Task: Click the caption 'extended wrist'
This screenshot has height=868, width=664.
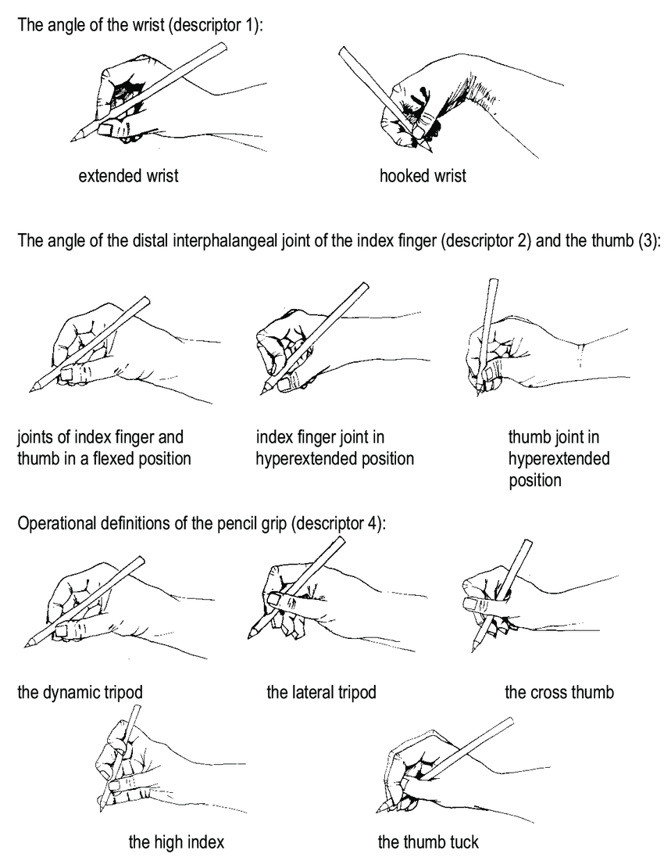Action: click(x=128, y=176)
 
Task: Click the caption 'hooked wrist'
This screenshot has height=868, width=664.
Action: click(x=423, y=176)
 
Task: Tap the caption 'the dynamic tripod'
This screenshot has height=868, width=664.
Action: click(x=80, y=693)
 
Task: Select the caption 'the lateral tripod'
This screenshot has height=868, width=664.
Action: click(x=321, y=693)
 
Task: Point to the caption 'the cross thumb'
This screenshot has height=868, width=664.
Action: click(x=559, y=693)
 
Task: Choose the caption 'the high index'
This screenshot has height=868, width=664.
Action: click(x=177, y=842)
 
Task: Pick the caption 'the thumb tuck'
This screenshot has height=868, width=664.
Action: click(x=428, y=842)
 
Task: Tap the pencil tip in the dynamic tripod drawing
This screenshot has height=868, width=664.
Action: click(x=26, y=645)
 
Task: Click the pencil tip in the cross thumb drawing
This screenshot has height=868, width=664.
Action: click(x=473, y=651)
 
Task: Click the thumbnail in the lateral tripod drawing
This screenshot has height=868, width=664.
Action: click(x=275, y=598)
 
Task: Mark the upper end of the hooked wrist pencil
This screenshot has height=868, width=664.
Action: click(x=342, y=50)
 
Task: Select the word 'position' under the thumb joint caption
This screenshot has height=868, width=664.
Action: click(x=535, y=480)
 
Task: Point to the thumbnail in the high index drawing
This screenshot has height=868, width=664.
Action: click(x=115, y=786)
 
